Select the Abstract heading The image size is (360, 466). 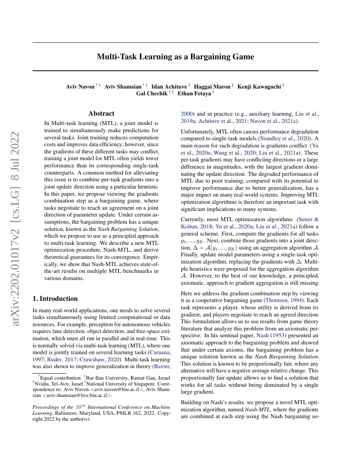[101, 114]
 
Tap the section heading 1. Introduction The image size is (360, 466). [55, 298]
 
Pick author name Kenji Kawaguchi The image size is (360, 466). [260, 86]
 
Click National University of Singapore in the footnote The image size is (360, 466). [123, 383]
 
